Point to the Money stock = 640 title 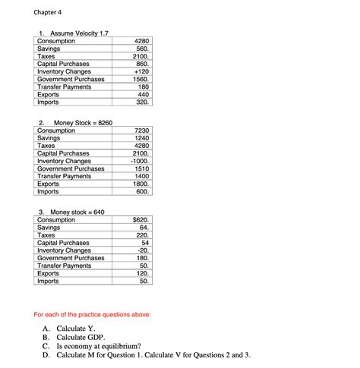pos(77,212)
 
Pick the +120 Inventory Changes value pos(143,72)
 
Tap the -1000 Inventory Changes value pos(140,162)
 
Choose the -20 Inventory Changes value pos(144,250)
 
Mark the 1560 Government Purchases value pos(142,80)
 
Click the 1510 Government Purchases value pos(143,169)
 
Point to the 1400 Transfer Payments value pos(143,177)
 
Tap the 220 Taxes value pos(143,235)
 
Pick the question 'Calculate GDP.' pos(80,336)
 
